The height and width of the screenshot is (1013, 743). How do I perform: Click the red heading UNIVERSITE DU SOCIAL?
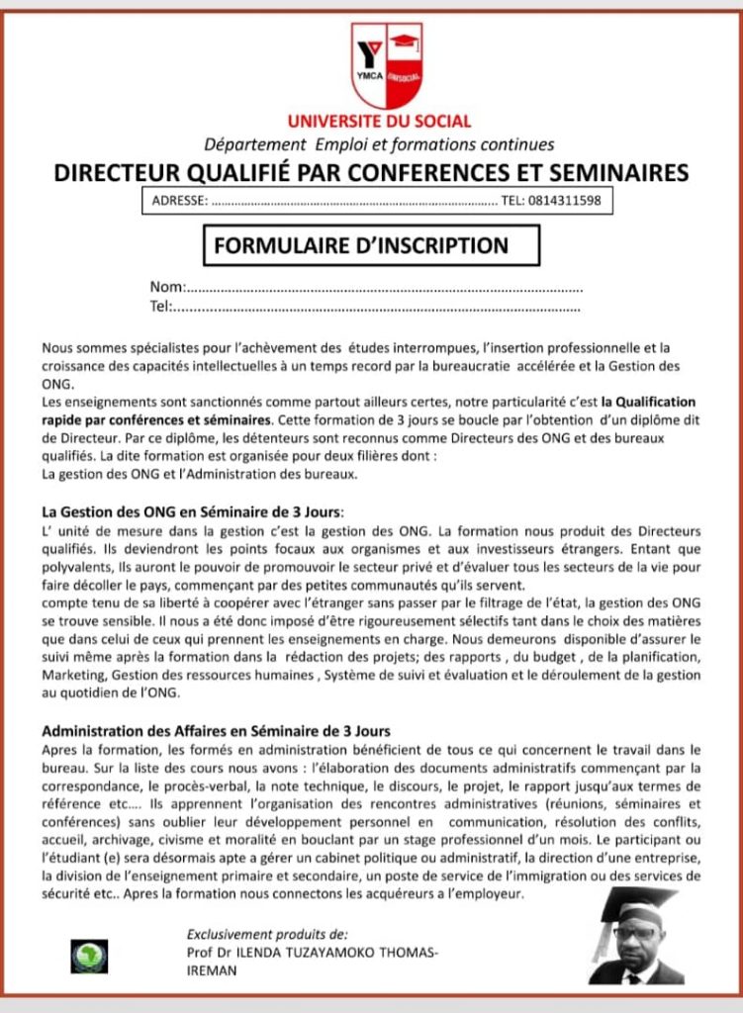pos(379,123)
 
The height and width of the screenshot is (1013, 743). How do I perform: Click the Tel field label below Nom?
pos(160,307)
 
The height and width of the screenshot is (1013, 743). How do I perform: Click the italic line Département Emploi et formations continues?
pos(379,145)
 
